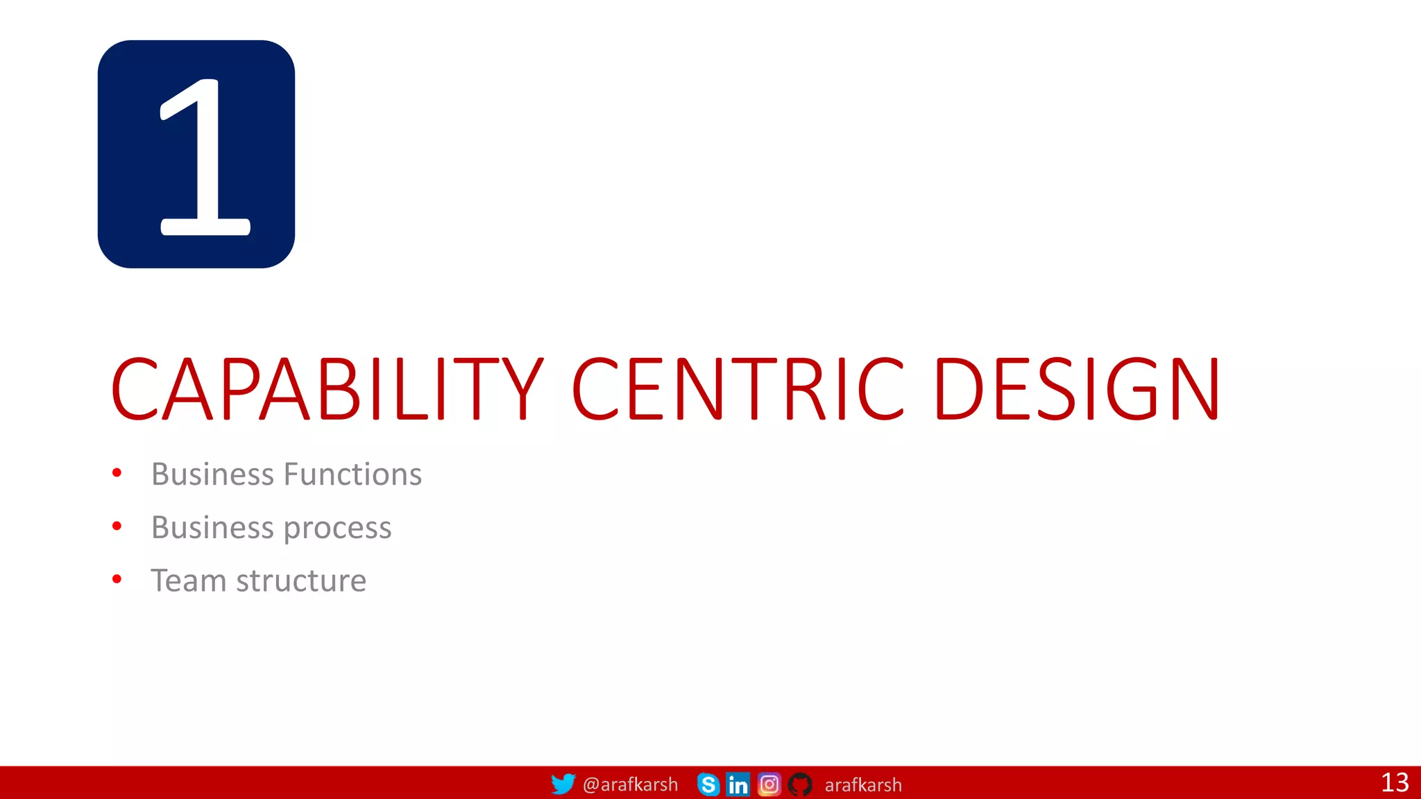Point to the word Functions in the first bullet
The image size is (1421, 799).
[x=352, y=474]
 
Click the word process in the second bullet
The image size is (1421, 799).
[x=337, y=529]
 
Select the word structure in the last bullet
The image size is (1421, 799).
[x=301, y=581]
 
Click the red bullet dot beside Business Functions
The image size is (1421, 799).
[x=117, y=473]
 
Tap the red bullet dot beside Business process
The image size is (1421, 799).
[x=117, y=526]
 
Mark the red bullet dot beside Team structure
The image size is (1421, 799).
[x=117, y=579]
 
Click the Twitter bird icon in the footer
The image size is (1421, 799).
[x=563, y=784]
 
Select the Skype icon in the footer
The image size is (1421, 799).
[x=708, y=784]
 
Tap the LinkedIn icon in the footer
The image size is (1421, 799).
[x=738, y=784]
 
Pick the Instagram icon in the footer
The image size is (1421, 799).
[x=769, y=784]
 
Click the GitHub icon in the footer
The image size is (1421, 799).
[x=800, y=784]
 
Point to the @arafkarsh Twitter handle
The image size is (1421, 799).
[x=630, y=784]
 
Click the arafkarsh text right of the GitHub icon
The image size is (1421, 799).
[x=863, y=785]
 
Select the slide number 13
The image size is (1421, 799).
[x=1395, y=782]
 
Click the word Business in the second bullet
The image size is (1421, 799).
[x=212, y=528]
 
